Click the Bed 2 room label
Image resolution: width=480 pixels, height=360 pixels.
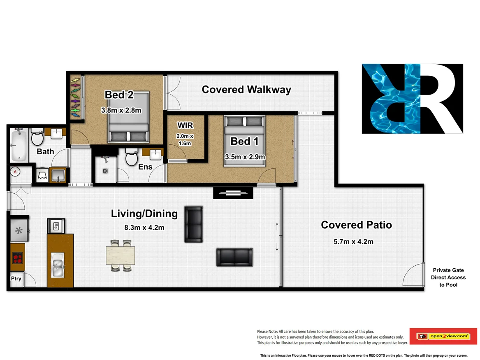tap(119, 95)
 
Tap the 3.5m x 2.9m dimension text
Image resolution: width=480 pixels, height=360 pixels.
tap(245, 157)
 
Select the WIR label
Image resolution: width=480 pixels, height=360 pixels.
tap(185, 125)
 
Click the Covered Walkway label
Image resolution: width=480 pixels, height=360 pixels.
tap(246, 89)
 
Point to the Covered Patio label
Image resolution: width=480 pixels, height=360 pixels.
tap(356, 225)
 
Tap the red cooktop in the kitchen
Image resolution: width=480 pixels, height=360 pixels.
tap(18, 258)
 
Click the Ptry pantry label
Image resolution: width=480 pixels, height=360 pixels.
tap(16, 279)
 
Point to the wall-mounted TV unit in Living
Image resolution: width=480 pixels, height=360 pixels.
tap(233, 193)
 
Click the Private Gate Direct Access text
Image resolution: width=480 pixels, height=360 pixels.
tap(448, 277)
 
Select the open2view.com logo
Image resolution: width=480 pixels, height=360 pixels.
tap(443, 336)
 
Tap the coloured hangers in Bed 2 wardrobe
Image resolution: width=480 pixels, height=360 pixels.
tap(76, 98)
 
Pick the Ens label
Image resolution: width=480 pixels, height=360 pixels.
tap(145, 167)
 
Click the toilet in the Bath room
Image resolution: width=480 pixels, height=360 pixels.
tap(37, 137)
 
